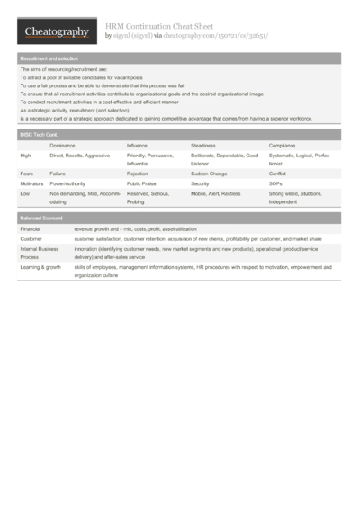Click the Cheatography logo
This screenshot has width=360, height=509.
pyautogui.click(x=55, y=32)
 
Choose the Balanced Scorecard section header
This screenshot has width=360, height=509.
pyautogui.click(x=41, y=219)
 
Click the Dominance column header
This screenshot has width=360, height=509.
pyautogui.click(x=62, y=145)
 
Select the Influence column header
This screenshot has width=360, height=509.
pyautogui.click(x=137, y=145)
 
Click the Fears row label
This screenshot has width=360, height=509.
pyautogui.click(x=27, y=173)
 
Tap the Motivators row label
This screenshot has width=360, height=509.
pyautogui.click(x=32, y=183)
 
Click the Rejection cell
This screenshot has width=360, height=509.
pyautogui.click(x=139, y=173)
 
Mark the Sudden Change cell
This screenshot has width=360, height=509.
pyautogui.click(x=210, y=173)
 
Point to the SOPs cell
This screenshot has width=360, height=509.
pyautogui.click(x=276, y=183)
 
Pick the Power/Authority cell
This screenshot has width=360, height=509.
pyautogui.click(x=69, y=183)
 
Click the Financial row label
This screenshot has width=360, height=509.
pyautogui.click(x=31, y=230)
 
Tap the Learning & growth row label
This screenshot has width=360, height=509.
pyautogui.click(x=40, y=267)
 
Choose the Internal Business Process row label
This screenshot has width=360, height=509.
pyautogui.click(x=39, y=252)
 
